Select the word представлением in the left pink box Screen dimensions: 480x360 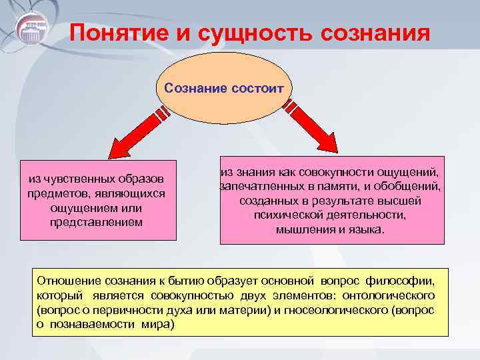tap(96, 221)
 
